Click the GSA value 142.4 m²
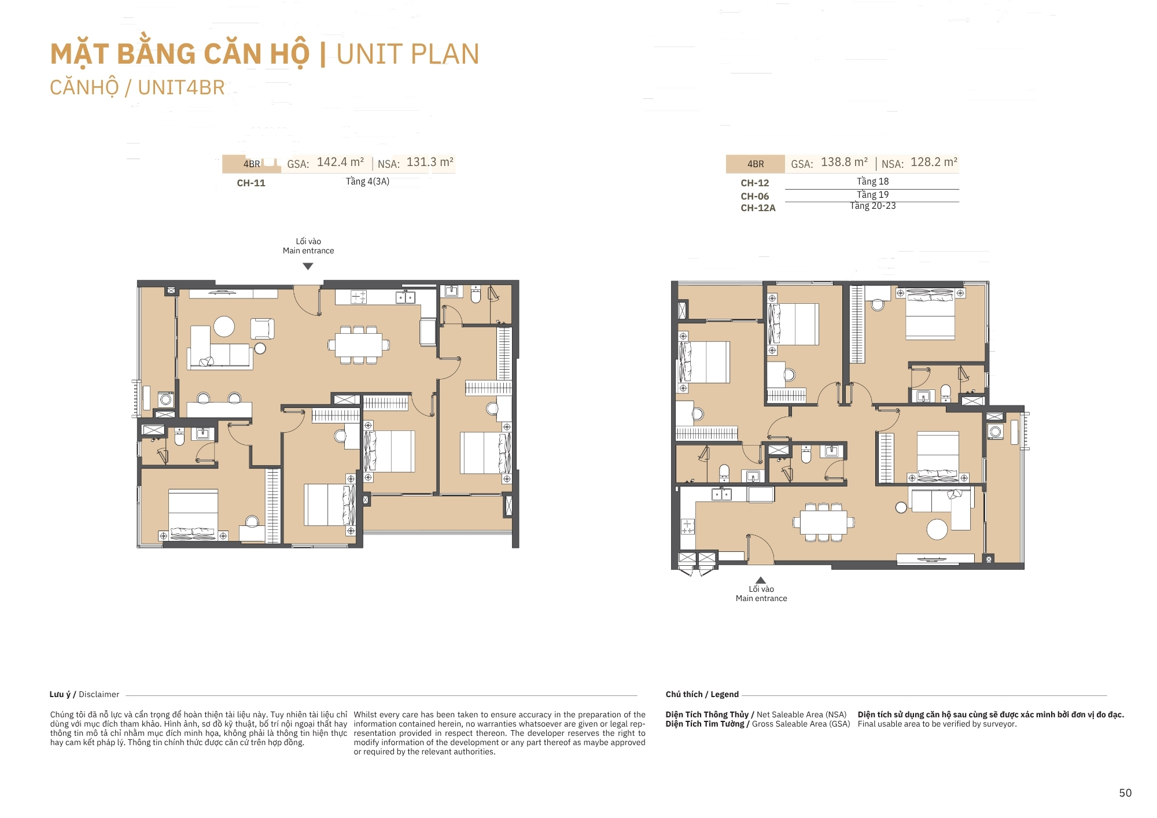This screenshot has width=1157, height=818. point(340,163)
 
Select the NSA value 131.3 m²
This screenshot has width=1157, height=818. point(430,163)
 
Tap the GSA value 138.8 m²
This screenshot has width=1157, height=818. point(844,163)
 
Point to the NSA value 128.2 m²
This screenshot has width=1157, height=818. point(934,163)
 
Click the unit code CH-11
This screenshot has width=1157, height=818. point(251,183)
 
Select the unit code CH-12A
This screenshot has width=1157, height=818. point(758,208)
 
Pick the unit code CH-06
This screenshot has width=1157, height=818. point(755,197)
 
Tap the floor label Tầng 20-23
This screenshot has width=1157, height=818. point(873,206)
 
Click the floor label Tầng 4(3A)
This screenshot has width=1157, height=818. point(368,182)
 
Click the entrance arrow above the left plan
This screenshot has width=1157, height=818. point(308,267)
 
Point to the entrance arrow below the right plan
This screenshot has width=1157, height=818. point(761,580)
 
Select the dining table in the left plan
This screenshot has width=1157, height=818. point(359,345)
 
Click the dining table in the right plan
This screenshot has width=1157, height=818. point(824,522)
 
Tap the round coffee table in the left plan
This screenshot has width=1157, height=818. point(224,326)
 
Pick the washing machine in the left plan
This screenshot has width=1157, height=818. point(166,399)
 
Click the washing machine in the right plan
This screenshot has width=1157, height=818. point(996,432)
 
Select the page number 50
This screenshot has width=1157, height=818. point(1125,793)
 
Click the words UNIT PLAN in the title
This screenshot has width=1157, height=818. point(408,54)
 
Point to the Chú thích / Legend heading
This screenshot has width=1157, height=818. point(702,694)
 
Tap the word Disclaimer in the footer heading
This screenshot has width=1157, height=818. point(99,694)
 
